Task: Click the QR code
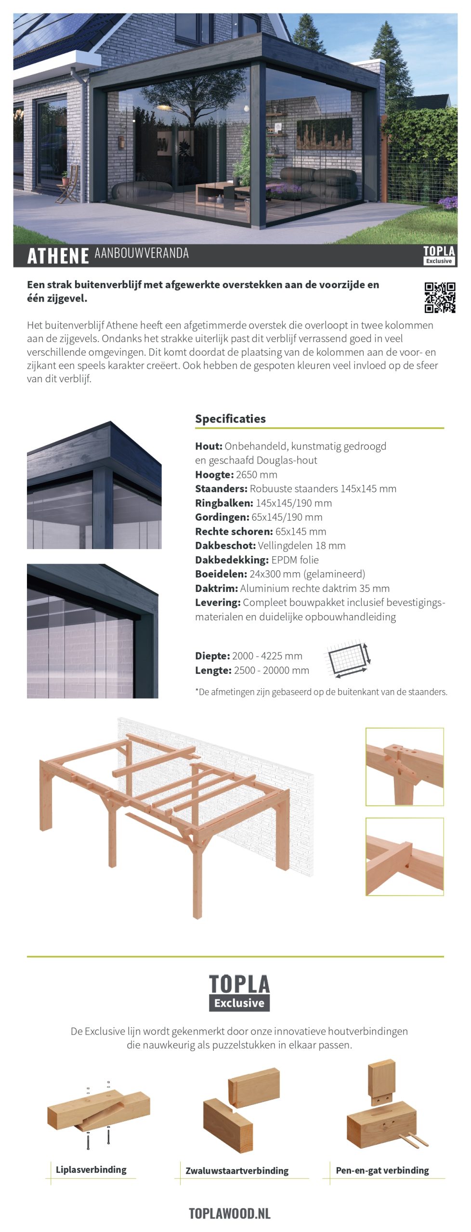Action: [x=440, y=297]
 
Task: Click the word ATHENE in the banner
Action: [x=58, y=256]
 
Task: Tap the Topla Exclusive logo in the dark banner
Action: [x=439, y=255]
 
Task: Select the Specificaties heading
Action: [x=230, y=419]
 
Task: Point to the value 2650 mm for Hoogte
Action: [x=256, y=475]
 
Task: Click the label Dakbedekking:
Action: [x=232, y=560]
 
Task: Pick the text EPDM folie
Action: [x=295, y=560]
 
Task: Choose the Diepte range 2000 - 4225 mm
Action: [x=267, y=656]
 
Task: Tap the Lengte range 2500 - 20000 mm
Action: [x=272, y=670]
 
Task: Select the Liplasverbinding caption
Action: [x=91, y=1170]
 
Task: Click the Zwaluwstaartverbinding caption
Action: [x=237, y=1171]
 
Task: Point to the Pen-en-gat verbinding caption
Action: [x=382, y=1170]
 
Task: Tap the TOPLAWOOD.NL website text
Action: [x=230, y=1213]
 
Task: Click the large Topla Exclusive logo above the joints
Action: [x=239, y=993]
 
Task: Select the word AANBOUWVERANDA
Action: [x=142, y=253]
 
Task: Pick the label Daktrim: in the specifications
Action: [x=216, y=588]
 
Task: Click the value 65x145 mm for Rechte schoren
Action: [x=301, y=531]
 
